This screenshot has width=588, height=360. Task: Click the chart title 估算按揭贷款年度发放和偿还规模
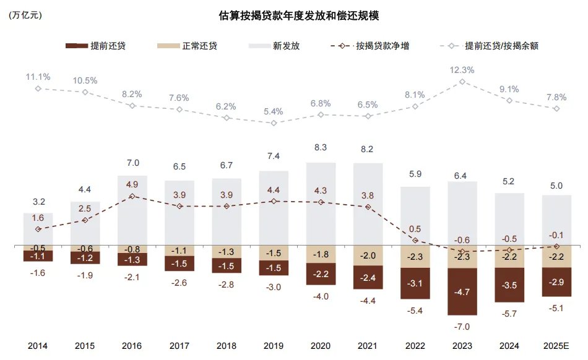tap(299, 16)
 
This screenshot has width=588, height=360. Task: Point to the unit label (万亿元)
tap(25, 16)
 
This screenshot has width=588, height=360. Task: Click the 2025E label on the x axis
tap(556, 346)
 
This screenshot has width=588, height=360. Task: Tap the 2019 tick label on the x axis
tap(273, 346)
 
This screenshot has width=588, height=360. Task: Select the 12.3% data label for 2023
tap(462, 70)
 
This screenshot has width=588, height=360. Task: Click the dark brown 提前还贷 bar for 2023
tap(462, 292)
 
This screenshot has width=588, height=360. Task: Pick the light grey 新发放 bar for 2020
tap(321, 204)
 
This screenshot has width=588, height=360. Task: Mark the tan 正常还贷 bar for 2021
tap(368, 255)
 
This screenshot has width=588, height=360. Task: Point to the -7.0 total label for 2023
tap(462, 327)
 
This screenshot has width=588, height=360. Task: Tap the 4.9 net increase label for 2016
tap(132, 184)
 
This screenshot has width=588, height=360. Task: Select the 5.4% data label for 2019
tap(273, 112)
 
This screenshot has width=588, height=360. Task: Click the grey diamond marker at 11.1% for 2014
tap(38, 88)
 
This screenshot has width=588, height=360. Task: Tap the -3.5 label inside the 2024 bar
tap(509, 286)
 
